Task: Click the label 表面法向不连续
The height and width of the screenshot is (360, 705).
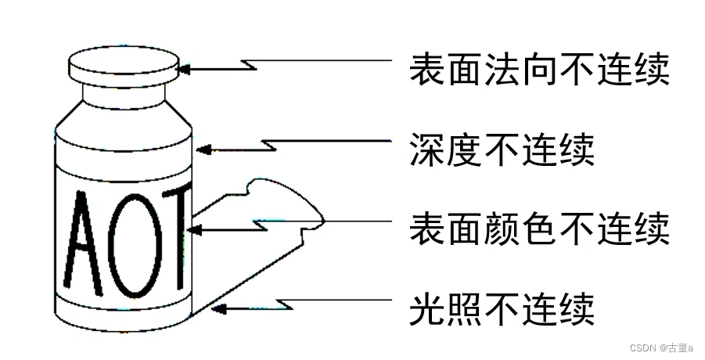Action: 540,70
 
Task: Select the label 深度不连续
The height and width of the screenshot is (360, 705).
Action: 502,149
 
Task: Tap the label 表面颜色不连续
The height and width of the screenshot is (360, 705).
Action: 540,229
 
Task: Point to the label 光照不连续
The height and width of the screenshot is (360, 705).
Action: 502,308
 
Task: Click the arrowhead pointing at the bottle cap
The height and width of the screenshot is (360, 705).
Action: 185,69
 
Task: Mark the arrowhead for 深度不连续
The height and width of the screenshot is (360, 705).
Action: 201,148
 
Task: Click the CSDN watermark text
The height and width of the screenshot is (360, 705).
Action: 662,347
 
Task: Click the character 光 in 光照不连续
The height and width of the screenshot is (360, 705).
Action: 426,308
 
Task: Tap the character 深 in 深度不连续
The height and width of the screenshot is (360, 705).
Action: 426,149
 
